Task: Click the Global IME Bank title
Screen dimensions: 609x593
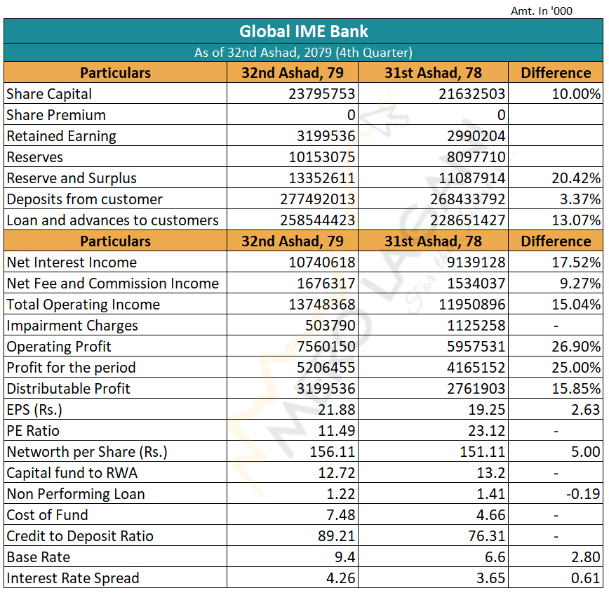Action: pos(303,32)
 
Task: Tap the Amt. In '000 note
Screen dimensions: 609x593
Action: pos(542,11)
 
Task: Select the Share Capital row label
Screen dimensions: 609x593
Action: pos(49,94)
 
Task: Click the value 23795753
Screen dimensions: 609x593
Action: pos(321,94)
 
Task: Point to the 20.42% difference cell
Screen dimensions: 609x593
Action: pos(576,178)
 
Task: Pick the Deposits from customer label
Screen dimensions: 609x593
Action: pos(84,199)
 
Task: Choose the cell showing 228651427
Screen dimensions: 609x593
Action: pos(467,220)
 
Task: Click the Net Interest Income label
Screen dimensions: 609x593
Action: pos(72,262)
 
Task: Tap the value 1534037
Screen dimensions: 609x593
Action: pos(476,284)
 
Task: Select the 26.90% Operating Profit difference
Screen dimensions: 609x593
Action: pos(576,347)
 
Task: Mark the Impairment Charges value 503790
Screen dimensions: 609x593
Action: pos(330,326)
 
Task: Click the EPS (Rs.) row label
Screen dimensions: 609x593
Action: pos(34,410)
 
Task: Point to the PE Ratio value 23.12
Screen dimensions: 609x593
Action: pos(487,431)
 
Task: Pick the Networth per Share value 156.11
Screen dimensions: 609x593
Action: pos(333,452)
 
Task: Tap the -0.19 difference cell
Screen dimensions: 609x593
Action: pos(583,494)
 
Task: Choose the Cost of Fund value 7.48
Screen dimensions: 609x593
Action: pos(340,515)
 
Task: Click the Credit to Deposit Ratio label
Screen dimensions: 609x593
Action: pos(80,536)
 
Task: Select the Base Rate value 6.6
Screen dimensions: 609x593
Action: pos(495,557)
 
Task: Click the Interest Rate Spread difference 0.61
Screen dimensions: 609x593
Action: pos(586,578)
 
